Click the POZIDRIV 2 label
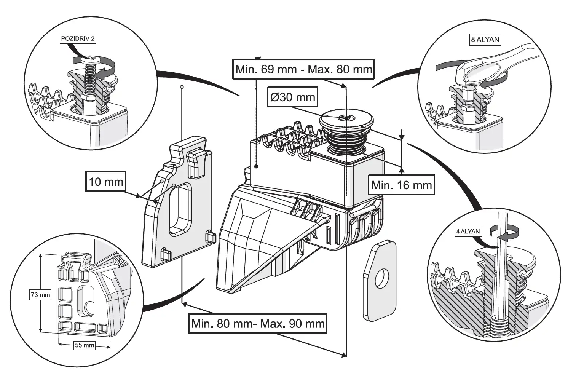78,39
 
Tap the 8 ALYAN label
485,39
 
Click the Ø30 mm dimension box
293,97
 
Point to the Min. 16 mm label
401,185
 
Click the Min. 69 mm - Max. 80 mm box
303,69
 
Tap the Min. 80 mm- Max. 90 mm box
258,324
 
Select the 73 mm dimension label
40,294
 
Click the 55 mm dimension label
84,345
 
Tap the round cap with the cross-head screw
346,118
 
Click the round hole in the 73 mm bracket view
90,307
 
